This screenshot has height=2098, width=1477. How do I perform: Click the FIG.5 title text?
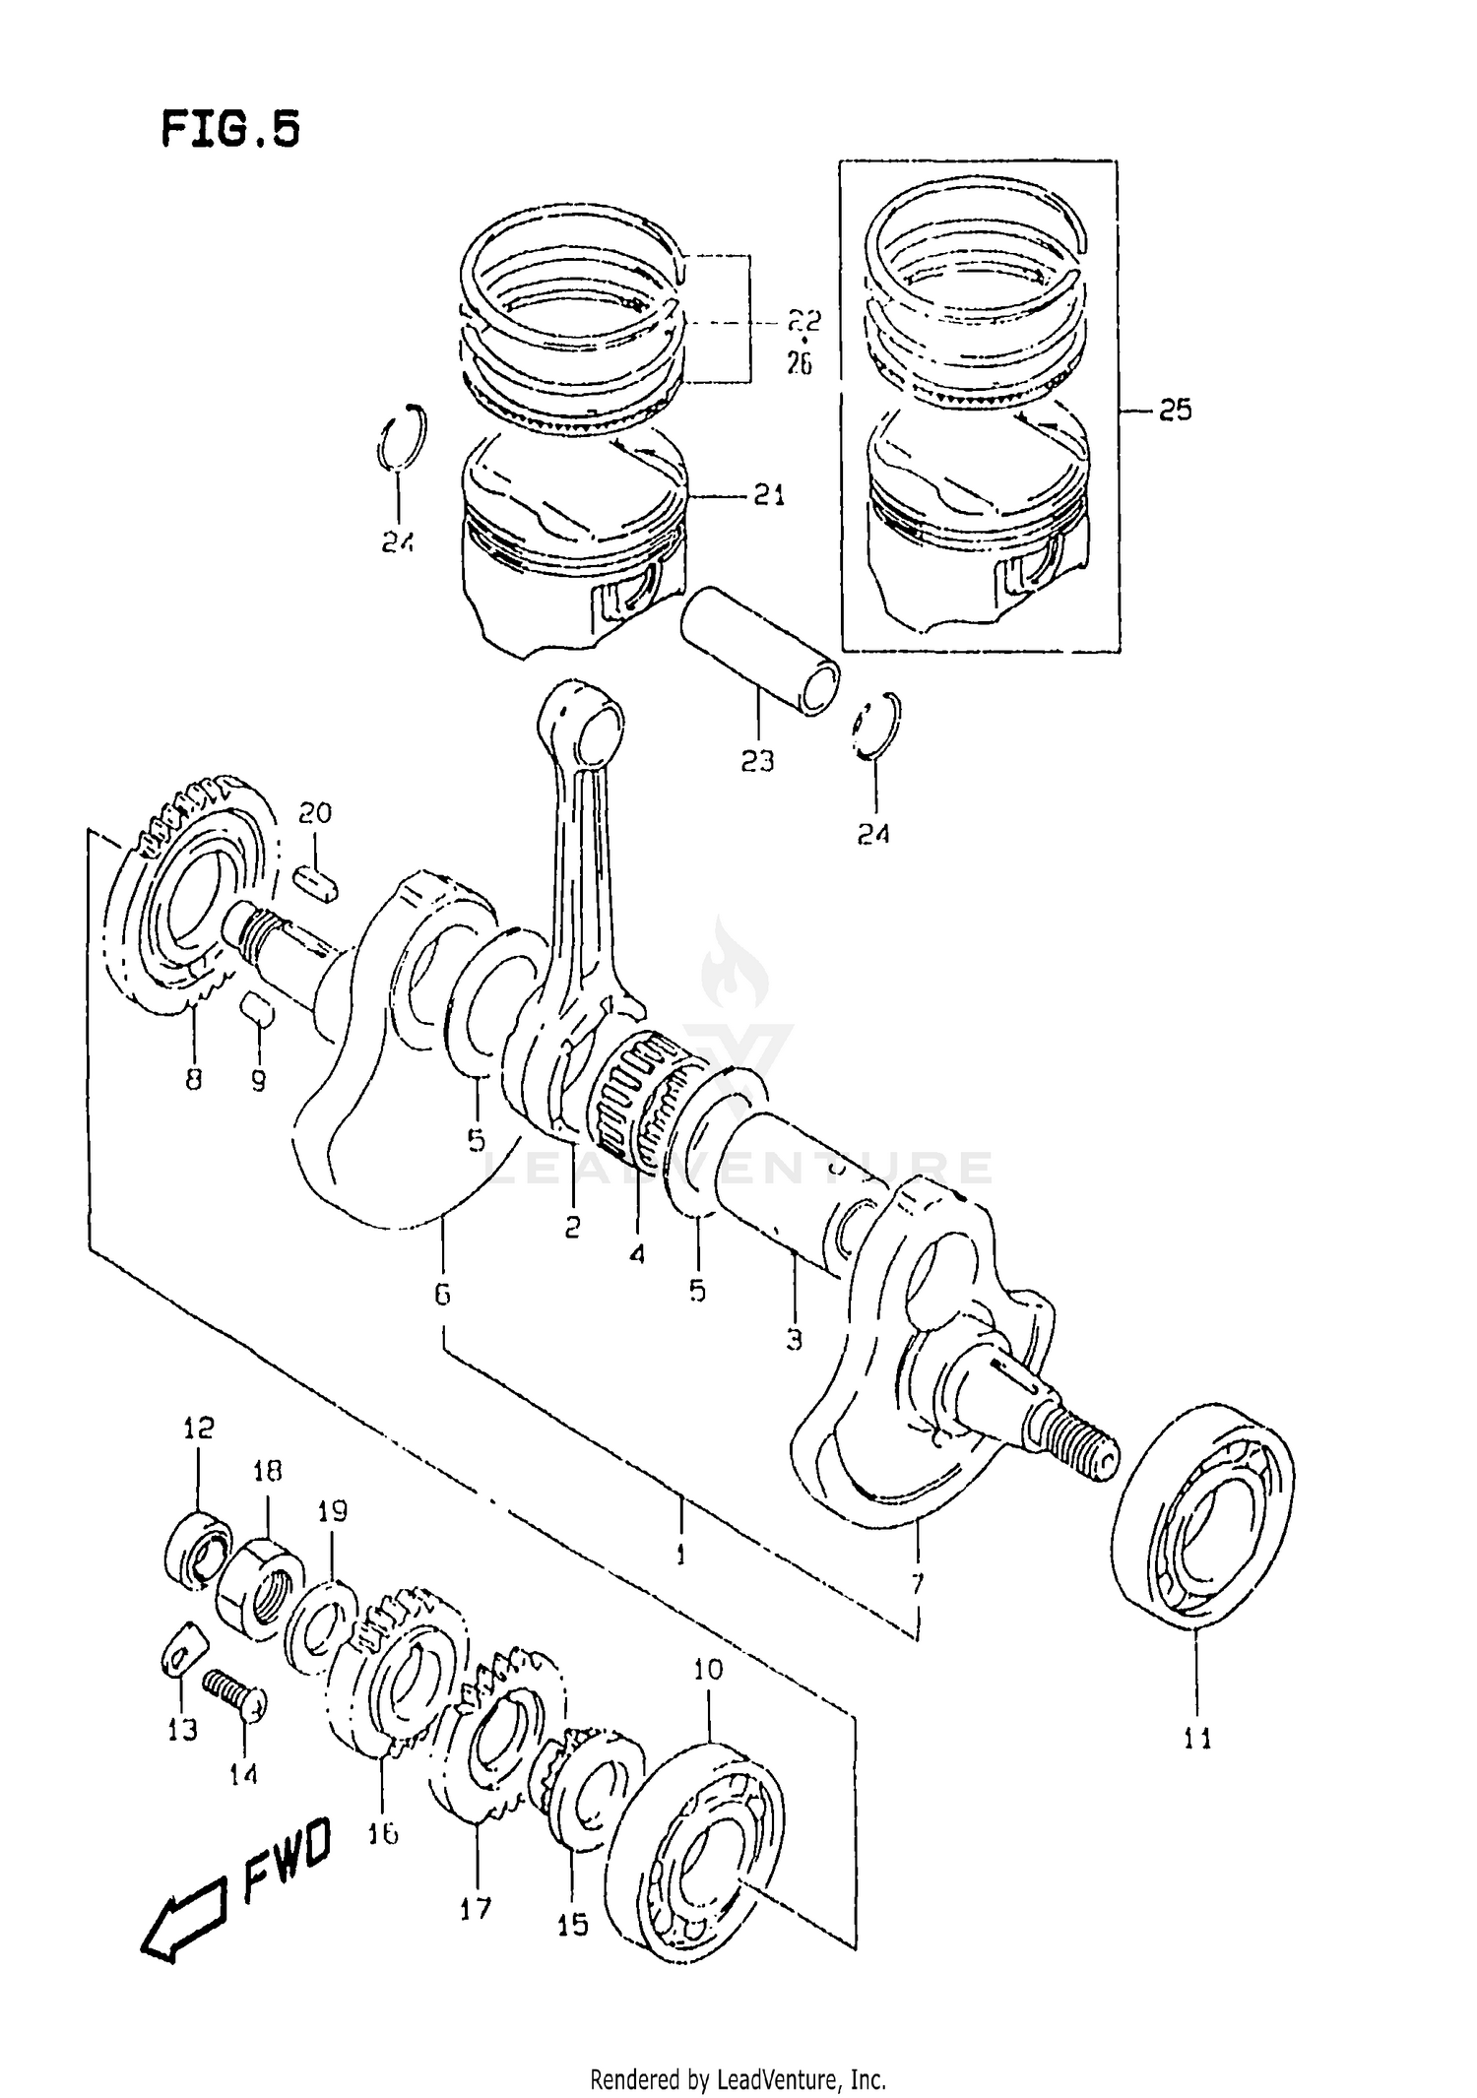pyautogui.click(x=230, y=129)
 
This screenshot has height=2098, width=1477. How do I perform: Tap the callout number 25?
pyautogui.click(x=1175, y=410)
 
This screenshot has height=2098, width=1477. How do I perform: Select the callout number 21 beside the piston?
pyautogui.click(x=769, y=495)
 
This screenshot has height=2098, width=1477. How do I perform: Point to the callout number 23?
pyautogui.click(x=757, y=760)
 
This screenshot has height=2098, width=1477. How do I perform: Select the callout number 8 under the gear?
pyautogui.click(x=193, y=1079)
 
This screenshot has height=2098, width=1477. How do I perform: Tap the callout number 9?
pyautogui.click(x=258, y=1081)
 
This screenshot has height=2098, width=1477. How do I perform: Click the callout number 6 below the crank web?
pyautogui.click(x=442, y=1294)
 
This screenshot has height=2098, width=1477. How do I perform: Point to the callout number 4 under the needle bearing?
pyautogui.click(x=637, y=1254)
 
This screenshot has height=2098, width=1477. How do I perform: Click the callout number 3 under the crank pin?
pyautogui.click(x=794, y=1339)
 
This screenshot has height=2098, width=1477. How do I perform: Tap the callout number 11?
pyautogui.click(x=1197, y=1739)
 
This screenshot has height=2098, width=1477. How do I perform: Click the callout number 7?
pyautogui.click(x=918, y=1584)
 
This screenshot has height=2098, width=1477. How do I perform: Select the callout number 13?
pyautogui.click(x=182, y=1730)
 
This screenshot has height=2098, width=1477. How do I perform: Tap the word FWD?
pyautogui.click(x=287, y=1859)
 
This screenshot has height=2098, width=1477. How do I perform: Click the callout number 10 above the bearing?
pyautogui.click(x=708, y=1669)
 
